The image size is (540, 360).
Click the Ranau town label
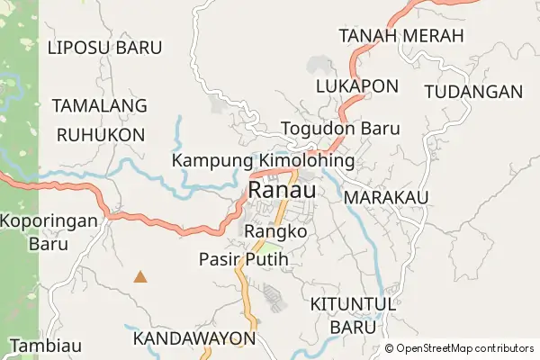(282, 192)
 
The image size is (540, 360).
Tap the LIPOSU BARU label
(105, 47)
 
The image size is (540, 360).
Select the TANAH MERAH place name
(400, 36)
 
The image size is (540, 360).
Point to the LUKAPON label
(356, 86)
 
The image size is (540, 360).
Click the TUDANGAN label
(472, 92)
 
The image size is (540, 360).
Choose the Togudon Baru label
(340, 129)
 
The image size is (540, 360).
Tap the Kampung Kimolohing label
(263, 160)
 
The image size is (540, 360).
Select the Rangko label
(276, 231)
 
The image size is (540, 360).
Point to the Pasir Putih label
(243, 259)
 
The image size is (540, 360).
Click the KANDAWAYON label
(193, 338)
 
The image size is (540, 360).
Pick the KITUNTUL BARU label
(353, 315)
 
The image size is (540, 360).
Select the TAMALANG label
(99, 106)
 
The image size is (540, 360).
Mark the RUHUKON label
(100, 135)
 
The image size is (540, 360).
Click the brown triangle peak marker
(140, 277)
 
